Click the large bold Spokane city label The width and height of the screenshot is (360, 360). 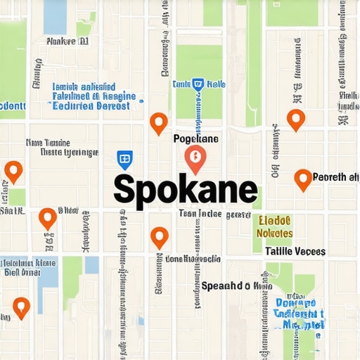185,189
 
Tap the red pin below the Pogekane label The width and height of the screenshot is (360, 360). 195,160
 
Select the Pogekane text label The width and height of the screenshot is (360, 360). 196,139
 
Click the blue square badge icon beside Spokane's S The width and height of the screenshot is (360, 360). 124,160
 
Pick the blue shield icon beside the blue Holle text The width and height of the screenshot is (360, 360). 198,84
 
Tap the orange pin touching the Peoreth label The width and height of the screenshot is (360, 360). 303,179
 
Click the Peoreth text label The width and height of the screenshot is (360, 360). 334,177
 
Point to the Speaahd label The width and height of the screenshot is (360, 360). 236,285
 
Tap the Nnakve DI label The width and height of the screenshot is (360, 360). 67,41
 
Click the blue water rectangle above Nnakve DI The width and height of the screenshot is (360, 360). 55,16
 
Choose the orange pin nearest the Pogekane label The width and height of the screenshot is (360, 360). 159,123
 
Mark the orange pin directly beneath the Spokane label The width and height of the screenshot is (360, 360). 160,237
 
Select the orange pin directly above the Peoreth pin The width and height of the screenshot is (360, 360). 296,119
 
